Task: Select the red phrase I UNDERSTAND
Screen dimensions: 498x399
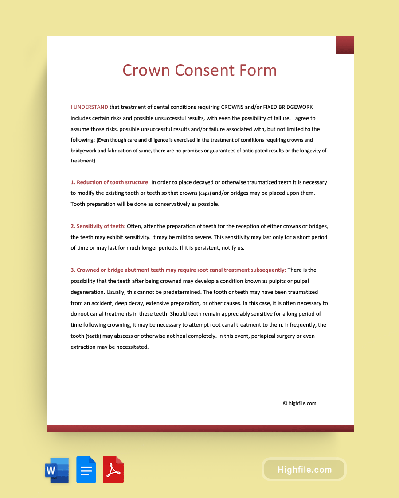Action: tap(89, 107)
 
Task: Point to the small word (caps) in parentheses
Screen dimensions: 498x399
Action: tap(204, 193)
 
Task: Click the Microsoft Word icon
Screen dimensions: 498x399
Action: tap(57, 470)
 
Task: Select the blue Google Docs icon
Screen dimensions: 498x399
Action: tap(86, 470)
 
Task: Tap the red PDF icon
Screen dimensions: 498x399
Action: tap(113, 470)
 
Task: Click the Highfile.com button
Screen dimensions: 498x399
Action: tap(304, 470)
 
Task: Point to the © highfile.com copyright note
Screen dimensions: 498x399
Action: tap(299, 403)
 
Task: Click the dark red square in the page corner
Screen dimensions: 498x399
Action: tap(344, 45)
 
